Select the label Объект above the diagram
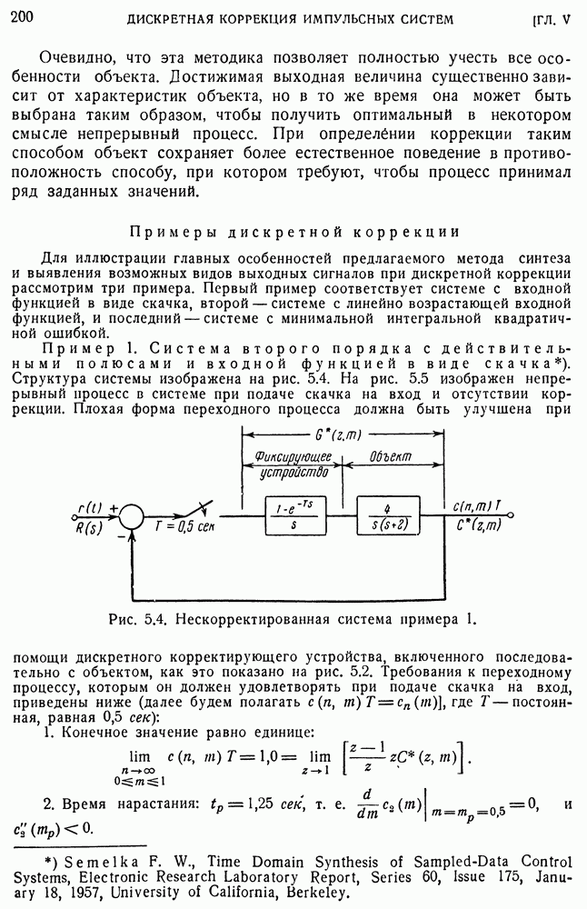point(392,454)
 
